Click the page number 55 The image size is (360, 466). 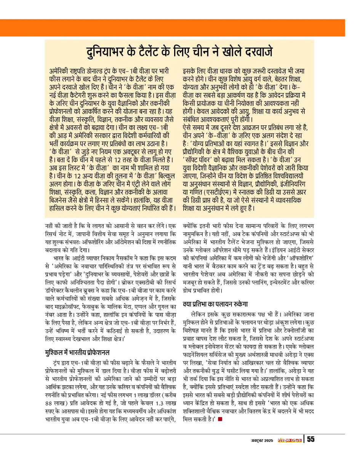click(x=311, y=439)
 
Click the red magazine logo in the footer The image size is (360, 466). click(x=289, y=440)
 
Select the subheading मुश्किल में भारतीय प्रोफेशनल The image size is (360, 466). click(x=77, y=351)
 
